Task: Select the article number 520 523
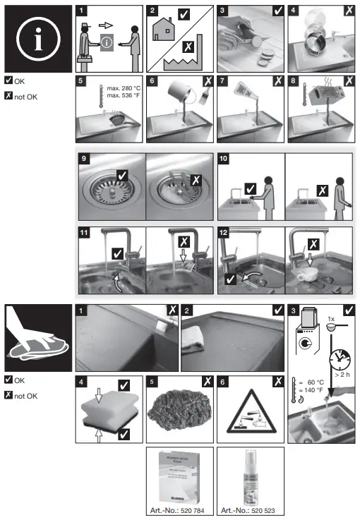249,510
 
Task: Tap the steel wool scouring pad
178,411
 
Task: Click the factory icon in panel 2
186,63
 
